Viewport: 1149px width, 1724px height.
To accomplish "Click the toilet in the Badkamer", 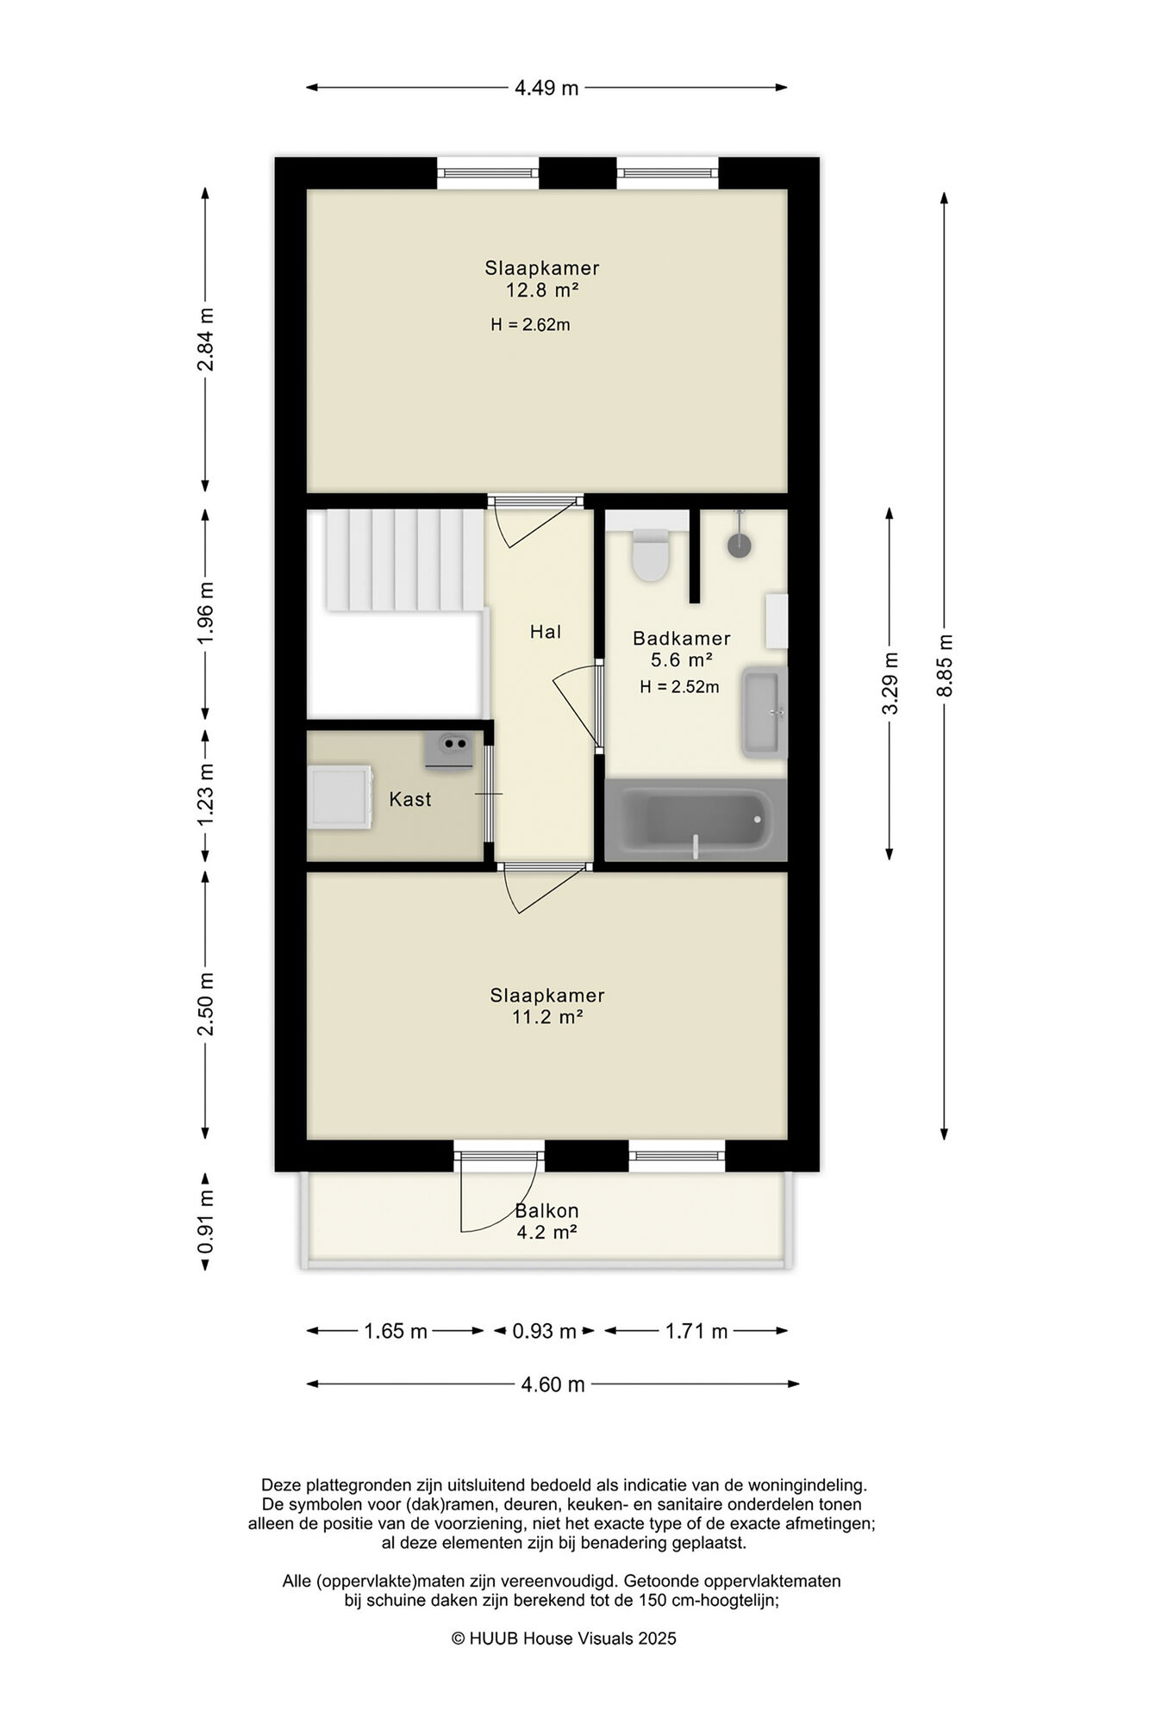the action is pos(650,553).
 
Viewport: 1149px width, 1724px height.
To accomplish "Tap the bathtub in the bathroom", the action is pos(696,820).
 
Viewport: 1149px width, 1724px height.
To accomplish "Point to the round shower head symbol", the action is pos(739,545).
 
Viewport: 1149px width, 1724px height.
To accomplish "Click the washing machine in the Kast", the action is pos(340,796).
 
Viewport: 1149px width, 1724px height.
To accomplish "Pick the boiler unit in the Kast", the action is pos(448,751).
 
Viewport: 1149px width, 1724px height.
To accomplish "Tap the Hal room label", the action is pos(546,632).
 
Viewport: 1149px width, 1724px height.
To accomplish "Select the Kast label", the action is pos(410,799).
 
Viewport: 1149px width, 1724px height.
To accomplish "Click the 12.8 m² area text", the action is pos(541,290).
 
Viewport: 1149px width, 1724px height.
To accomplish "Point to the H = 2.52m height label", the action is pos(679,687).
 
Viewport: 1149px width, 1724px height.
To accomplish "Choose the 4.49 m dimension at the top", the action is pos(546,88).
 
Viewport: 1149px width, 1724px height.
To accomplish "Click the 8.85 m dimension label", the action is pos(945,665).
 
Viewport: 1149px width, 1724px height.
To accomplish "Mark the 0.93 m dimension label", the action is pos(544,1332).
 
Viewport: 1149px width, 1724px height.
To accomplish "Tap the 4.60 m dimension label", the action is pos(553,1385).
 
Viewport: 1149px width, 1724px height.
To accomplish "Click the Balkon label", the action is pos(546,1210).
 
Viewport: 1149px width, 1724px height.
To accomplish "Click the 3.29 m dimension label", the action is pos(890,683).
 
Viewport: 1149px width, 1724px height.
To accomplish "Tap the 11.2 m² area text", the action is pos(547,1017).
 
